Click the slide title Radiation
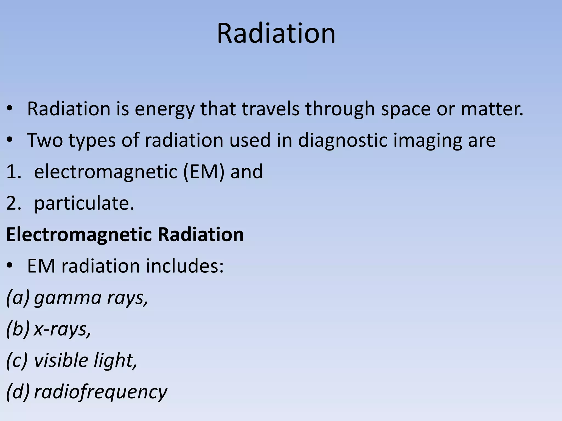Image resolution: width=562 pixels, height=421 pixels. pyautogui.click(x=276, y=33)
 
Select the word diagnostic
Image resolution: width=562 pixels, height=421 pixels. pyautogui.click(x=342, y=141)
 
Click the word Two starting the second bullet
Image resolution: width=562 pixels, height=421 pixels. pyautogui.click(x=45, y=140)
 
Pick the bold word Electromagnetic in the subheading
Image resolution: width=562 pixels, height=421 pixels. pyautogui.click(x=79, y=235)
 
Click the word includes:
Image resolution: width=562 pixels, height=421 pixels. pyautogui.click(x=185, y=266)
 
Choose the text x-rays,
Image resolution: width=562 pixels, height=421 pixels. pyautogui.click(x=62, y=329)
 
